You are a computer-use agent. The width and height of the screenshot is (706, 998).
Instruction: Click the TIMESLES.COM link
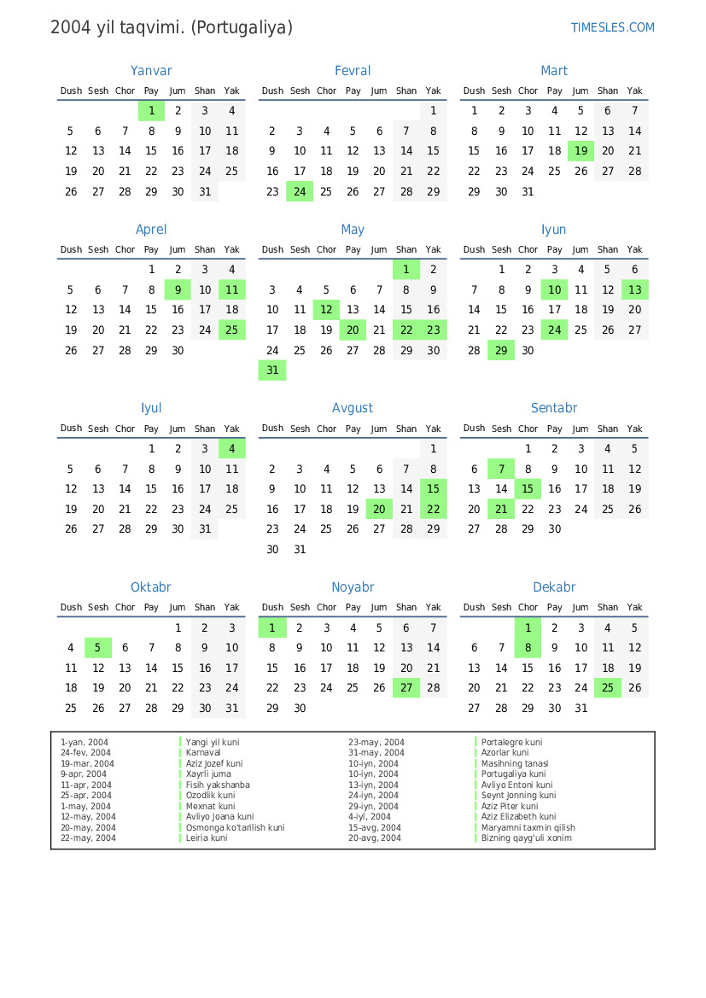(612, 27)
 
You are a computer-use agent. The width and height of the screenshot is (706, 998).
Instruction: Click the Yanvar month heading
(151, 71)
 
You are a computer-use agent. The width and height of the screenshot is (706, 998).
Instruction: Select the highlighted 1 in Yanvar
(151, 110)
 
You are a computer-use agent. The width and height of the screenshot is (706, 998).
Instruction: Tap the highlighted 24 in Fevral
(300, 192)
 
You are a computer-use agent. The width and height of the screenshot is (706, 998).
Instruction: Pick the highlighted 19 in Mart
(581, 151)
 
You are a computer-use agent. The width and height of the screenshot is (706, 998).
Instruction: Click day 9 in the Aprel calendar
(178, 289)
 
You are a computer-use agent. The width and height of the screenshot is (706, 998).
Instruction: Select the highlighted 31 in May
(272, 371)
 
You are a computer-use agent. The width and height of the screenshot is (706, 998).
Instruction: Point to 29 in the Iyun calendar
(501, 350)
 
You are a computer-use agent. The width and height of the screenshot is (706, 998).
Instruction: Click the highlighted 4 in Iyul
(231, 448)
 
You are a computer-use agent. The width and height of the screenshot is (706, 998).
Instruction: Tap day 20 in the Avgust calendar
(379, 509)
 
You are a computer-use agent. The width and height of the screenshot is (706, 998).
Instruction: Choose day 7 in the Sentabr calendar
(501, 469)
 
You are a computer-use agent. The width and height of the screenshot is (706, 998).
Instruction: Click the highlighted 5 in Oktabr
(98, 648)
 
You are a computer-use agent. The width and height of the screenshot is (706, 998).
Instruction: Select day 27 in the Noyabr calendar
(406, 688)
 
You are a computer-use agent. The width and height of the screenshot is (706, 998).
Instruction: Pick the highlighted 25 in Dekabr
(608, 688)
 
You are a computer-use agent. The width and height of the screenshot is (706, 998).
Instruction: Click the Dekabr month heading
(554, 587)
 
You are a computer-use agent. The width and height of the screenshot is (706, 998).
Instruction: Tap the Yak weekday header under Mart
(634, 90)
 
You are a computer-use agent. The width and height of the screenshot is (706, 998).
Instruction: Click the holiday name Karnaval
(203, 753)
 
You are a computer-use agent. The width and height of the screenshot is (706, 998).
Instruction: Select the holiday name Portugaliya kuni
(513, 774)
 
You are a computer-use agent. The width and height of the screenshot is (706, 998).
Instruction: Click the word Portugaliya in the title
(242, 27)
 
